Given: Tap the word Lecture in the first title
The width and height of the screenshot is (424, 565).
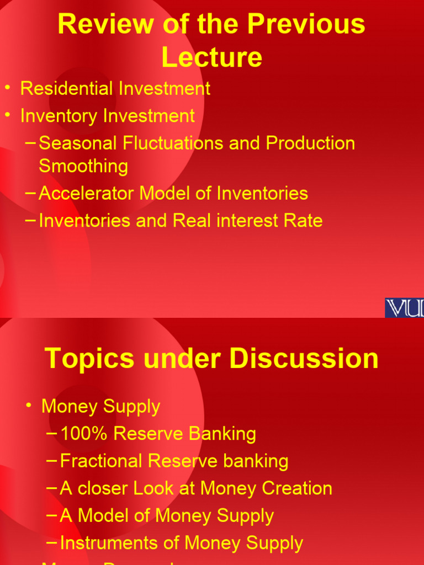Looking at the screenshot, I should click(x=212, y=57).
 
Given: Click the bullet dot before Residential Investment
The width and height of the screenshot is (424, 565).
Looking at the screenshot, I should click(x=8, y=88).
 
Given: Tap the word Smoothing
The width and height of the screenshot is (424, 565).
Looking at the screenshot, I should click(x=83, y=166).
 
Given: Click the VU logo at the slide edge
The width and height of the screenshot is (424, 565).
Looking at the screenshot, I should click(x=404, y=307).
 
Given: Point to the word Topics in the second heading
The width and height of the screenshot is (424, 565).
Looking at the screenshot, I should click(x=89, y=359).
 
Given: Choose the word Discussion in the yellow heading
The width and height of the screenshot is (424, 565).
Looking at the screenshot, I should click(x=304, y=359).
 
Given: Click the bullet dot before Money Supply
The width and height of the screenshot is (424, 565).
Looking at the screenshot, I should click(x=29, y=406).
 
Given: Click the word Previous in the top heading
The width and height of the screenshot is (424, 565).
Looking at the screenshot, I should click(x=306, y=25).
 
